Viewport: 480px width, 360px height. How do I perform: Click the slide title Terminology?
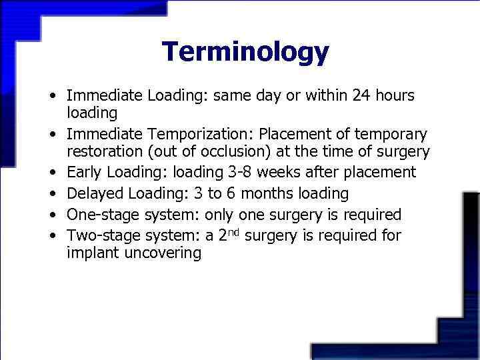[x=245, y=51]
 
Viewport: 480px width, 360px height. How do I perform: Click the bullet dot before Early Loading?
[x=52, y=173]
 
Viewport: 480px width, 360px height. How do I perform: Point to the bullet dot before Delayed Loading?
[x=52, y=195]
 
